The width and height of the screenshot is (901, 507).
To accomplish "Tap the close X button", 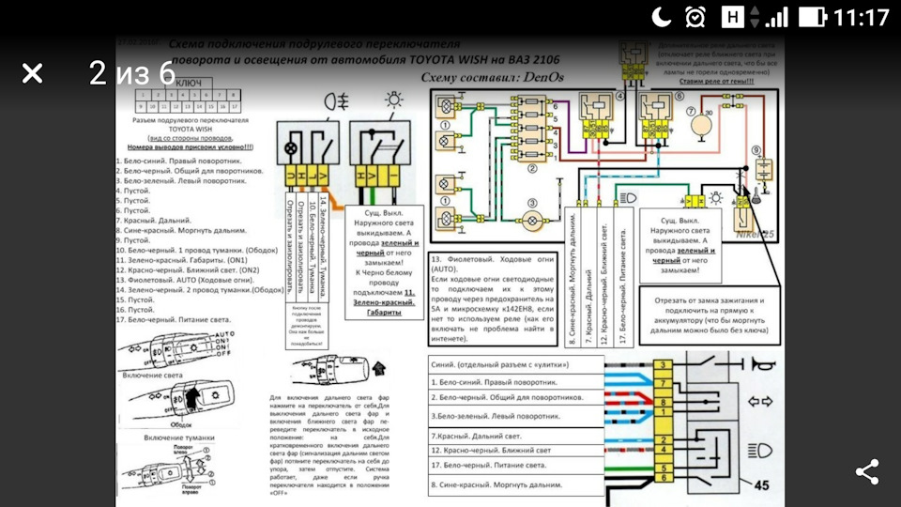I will [x=32, y=74].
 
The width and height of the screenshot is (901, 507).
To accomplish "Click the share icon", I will [x=867, y=472].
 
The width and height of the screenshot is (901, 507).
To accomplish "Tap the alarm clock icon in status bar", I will [x=695, y=17].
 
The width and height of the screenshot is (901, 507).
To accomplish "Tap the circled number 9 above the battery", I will [x=756, y=152].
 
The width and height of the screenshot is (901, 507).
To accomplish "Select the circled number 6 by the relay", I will [x=679, y=98].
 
